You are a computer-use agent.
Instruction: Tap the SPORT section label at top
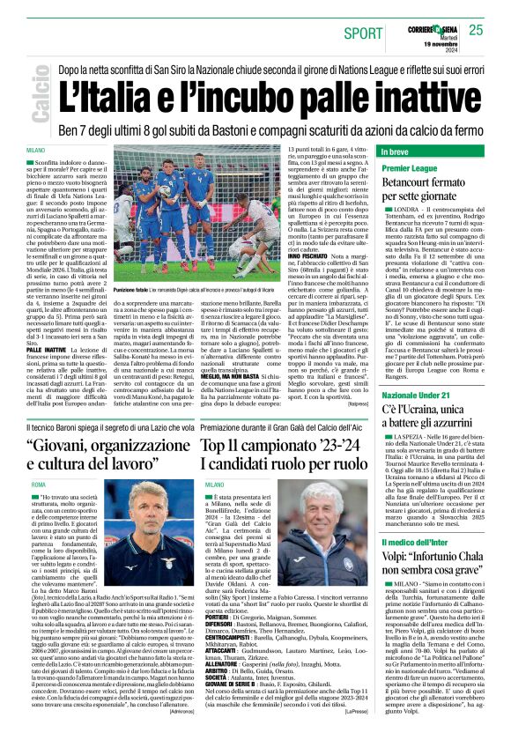[364, 33]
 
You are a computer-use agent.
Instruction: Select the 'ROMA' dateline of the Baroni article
[39, 485]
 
